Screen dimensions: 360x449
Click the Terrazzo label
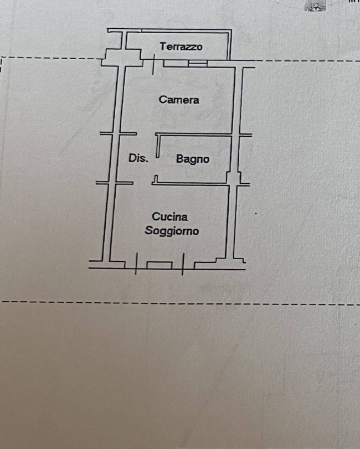(x=181, y=47)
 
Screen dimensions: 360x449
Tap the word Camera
(x=179, y=100)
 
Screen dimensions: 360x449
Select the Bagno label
(x=192, y=159)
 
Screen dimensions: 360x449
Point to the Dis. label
(x=138, y=158)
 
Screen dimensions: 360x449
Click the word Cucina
(x=170, y=217)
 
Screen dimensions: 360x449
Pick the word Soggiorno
(x=172, y=230)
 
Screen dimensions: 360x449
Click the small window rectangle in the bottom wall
(x=160, y=265)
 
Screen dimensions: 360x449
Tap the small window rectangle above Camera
(x=198, y=63)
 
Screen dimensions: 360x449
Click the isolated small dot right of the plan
(x=255, y=213)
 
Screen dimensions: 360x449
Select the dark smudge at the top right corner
(x=315, y=6)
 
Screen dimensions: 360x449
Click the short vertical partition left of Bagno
(x=157, y=146)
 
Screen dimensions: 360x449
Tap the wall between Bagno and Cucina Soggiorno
(x=191, y=184)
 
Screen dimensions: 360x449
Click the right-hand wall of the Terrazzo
(x=229, y=45)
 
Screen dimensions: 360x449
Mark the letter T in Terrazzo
(x=163, y=46)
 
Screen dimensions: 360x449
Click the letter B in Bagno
(x=179, y=158)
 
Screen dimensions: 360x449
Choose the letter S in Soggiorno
(x=148, y=230)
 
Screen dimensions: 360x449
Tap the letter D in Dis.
(x=132, y=158)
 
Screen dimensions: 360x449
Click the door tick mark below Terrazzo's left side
(x=153, y=64)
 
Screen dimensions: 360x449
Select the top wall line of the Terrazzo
(x=169, y=29)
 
